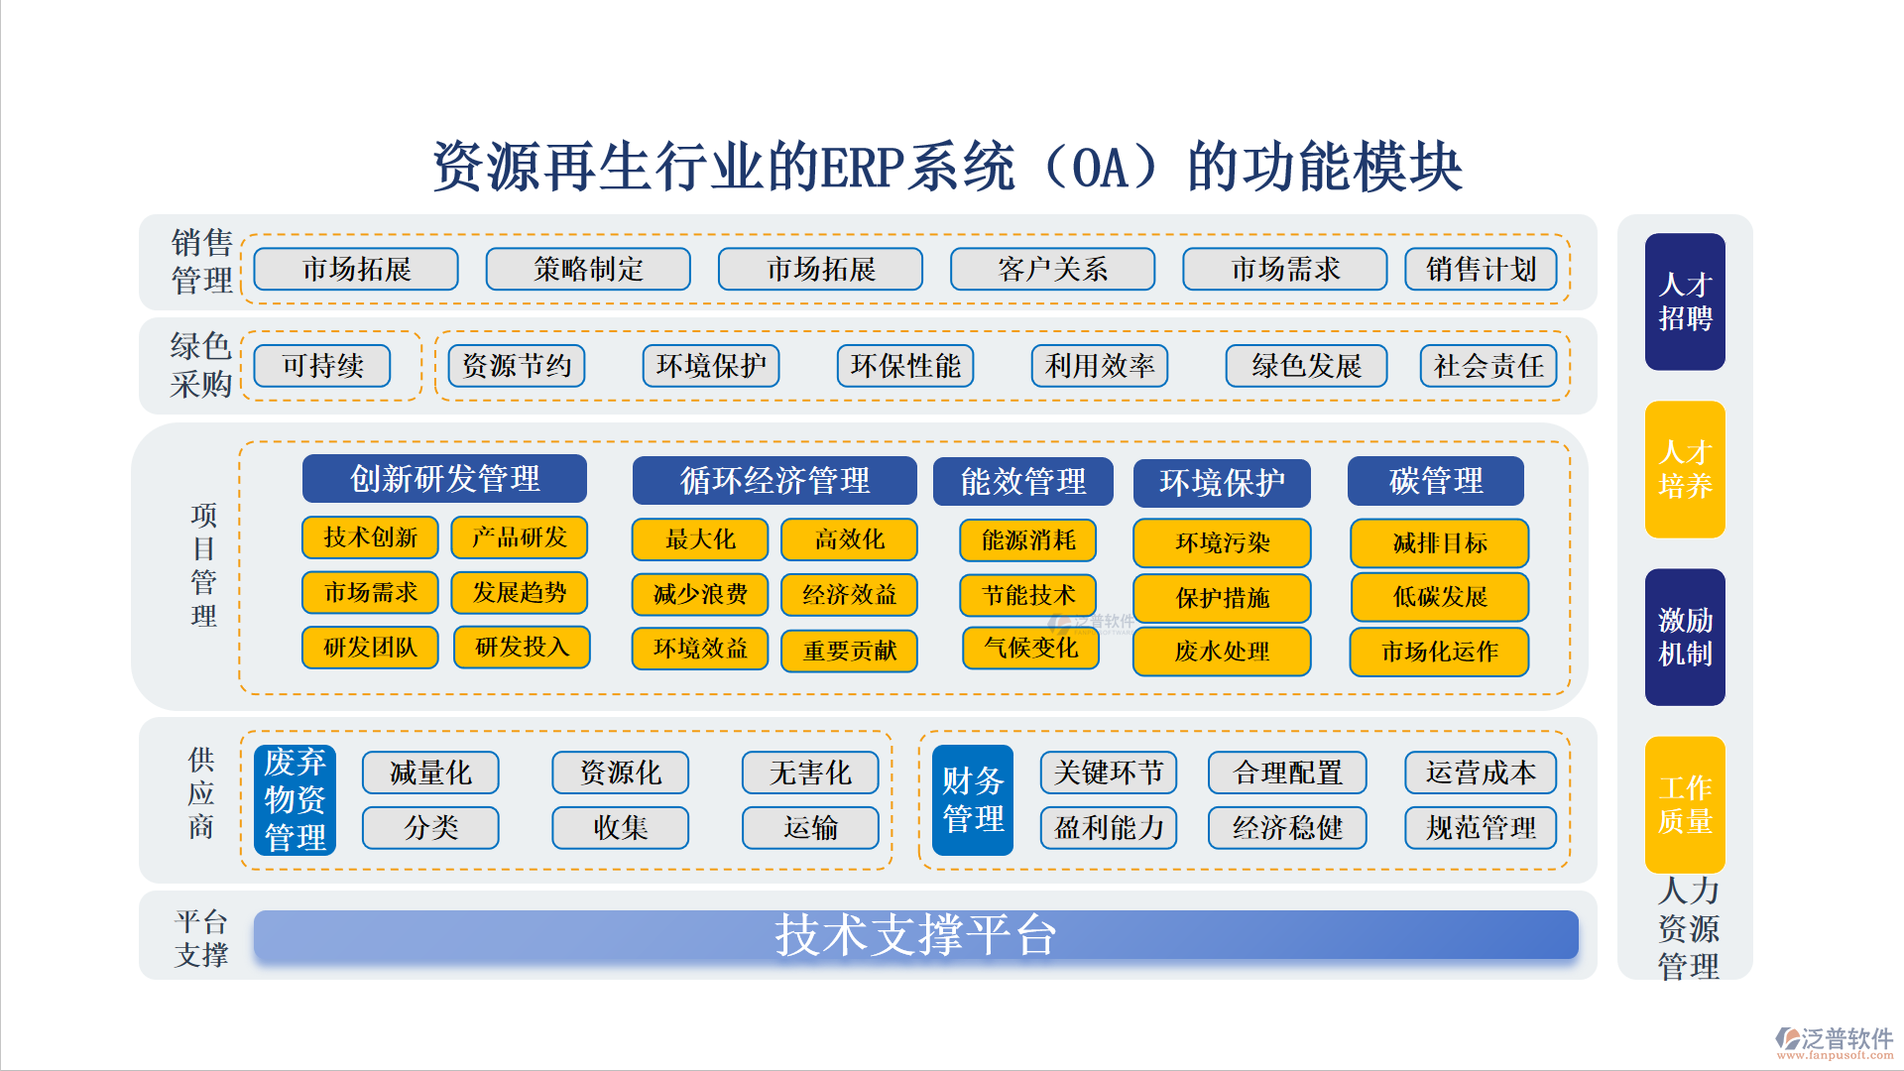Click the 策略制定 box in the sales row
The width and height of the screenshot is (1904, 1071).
588,269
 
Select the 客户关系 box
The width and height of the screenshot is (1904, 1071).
1052,269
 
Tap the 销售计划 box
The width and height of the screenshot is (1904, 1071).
1481,269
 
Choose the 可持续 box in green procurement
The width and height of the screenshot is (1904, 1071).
322,366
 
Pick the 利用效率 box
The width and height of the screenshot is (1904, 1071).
1100,366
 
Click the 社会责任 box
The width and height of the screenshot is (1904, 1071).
1488,366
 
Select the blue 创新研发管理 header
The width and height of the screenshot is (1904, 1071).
444,479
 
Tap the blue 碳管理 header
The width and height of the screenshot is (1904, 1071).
1436,481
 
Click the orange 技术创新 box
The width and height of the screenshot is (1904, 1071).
370,537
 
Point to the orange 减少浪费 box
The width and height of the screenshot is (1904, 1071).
700,594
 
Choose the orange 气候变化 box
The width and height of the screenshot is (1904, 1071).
1030,649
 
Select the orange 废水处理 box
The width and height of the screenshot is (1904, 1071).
1222,652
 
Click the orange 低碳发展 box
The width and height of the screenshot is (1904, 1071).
1440,597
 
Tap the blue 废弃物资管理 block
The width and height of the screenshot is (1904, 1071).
295,800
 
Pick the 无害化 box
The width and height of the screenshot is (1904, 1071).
810,773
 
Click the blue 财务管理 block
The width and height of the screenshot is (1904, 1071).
973,800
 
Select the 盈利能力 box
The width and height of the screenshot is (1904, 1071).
1109,828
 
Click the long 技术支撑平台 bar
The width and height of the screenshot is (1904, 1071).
916,935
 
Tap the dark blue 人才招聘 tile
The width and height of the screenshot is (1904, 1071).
1685,301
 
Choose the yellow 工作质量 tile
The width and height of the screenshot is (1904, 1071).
1685,805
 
